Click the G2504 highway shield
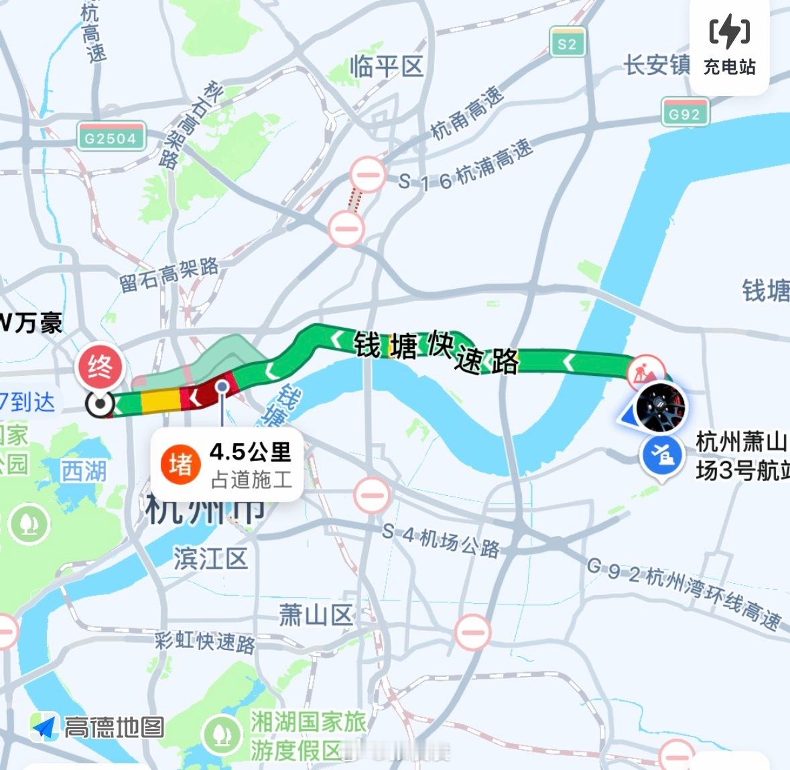(x=111, y=137)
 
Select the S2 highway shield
(x=567, y=44)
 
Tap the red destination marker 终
(x=101, y=368)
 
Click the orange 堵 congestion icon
(x=180, y=464)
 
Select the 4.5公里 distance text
(x=251, y=452)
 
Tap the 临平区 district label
(x=387, y=67)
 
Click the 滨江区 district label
(x=210, y=558)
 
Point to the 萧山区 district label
(x=316, y=614)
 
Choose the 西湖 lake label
(x=84, y=471)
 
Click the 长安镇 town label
(x=657, y=65)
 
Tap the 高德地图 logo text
(x=114, y=727)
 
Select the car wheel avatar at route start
(x=659, y=407)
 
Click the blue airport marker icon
(x=661, y=456)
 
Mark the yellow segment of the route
(x=160, y=399)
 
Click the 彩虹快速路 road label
(x=205, y=641)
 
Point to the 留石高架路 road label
(x=169, y=274)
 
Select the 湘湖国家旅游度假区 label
(x=308, y=736)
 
